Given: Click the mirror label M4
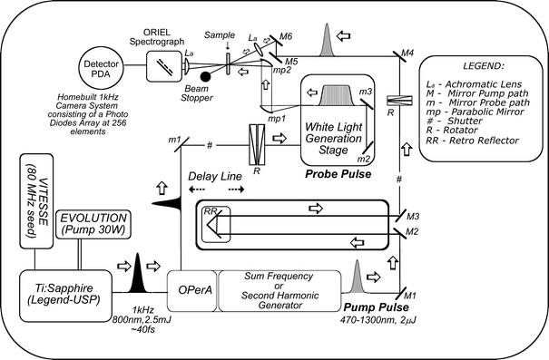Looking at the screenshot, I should coord(408,54).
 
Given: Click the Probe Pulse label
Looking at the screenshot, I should coord(337,173).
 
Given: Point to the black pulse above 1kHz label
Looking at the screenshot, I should coord(139,271).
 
